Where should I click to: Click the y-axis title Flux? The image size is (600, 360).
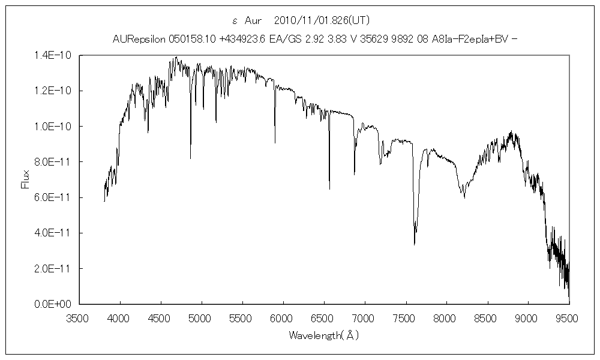(x=25, y=179)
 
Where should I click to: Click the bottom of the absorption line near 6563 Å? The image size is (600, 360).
(x=329, y=189)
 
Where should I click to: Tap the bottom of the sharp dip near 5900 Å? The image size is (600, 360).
(x=275, y=143)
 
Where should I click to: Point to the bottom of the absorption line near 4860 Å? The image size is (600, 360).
(x=191, y=158)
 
